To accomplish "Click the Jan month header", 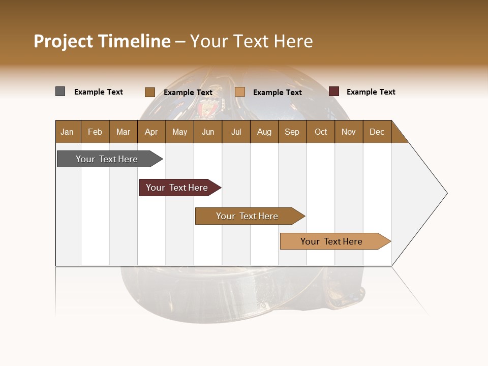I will click(x=67, y=132).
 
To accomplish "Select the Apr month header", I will click(x=151, y=132).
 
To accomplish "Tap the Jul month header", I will click(x=236, y=132).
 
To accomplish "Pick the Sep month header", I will click(x=292, y=132).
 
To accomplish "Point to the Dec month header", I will click(x=377, y=132).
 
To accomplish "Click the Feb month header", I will click(x=95, y=132).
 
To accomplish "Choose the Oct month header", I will click(x=321, y=132).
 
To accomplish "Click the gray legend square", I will click(x=60, y=91).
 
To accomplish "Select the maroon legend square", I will click(x=333, y=91).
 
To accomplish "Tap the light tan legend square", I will click(x=240, y=92).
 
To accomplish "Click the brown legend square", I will click(x=149, y=92).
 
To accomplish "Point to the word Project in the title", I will click(x=64, y=41).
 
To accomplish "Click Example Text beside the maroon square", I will click(x=371, y=92).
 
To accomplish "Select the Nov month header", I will click(x=348, y=132).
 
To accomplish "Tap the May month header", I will click(x=179, y=132).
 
